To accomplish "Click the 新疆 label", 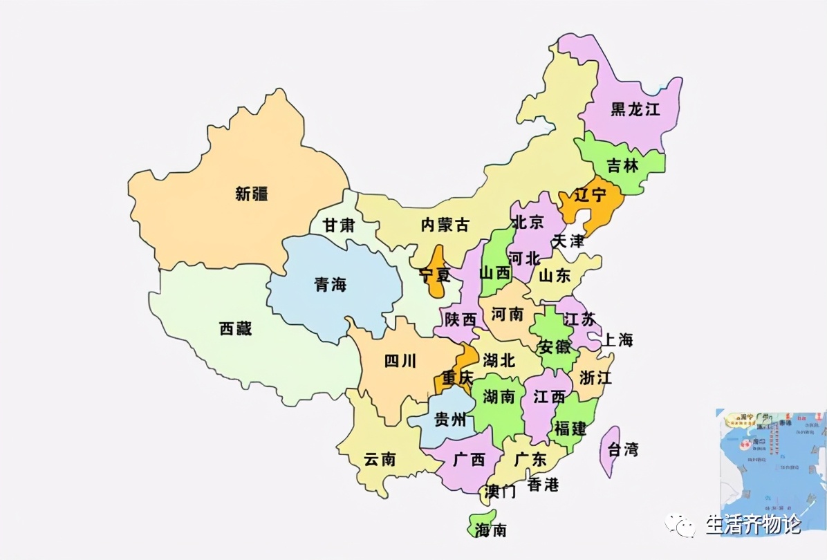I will [252, 194].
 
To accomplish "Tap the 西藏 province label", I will [236, 329].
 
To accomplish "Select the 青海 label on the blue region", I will [330, 285].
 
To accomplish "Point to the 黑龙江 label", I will [635, 109].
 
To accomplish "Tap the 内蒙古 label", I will [445, 225].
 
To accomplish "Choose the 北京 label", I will [528, 223].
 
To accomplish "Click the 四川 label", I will [400, 361].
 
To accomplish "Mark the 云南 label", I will [380, 459].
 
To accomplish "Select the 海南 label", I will [491, 530].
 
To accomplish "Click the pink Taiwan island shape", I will [608, 450].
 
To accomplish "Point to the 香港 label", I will [543, 485].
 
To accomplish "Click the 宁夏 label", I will [435, 275].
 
